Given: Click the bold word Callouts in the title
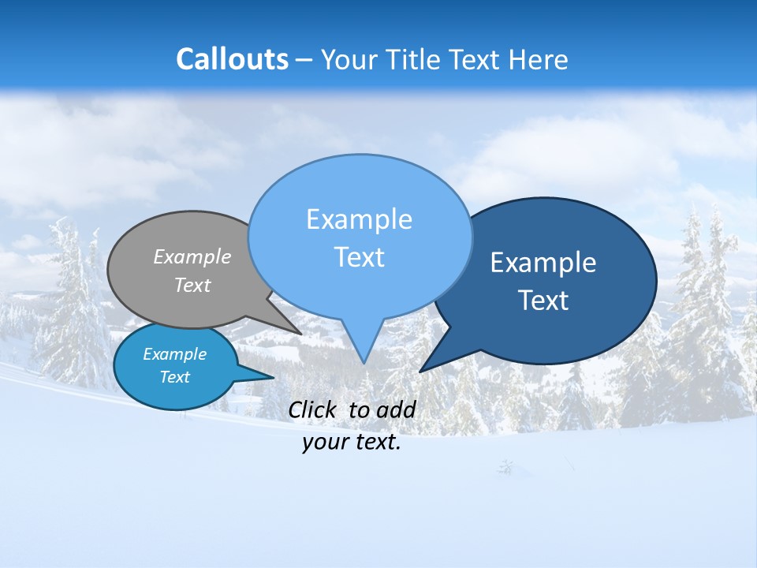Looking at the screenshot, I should pos(232,59).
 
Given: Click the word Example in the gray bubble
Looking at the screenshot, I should pos(192,256).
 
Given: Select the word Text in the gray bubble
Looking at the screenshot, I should pos(192,285).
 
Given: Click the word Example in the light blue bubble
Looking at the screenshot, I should pos(359,219).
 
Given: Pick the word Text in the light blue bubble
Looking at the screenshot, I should pos(359,257).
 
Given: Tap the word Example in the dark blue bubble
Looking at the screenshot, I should pos(543,263).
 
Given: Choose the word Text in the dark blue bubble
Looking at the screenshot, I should pos(543,301).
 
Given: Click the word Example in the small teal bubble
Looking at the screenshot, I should pos(174,354).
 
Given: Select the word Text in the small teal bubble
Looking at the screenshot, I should pos(174,377).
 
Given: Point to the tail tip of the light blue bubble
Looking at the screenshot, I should pos(364,361).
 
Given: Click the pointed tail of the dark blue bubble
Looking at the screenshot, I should pos(423,369).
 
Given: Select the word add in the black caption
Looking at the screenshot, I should pos(396,409).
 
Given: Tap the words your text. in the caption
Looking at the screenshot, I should pos(352,443).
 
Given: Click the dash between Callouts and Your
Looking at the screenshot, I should pos(304,59).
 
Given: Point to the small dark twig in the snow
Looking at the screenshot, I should pos(505,467).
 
